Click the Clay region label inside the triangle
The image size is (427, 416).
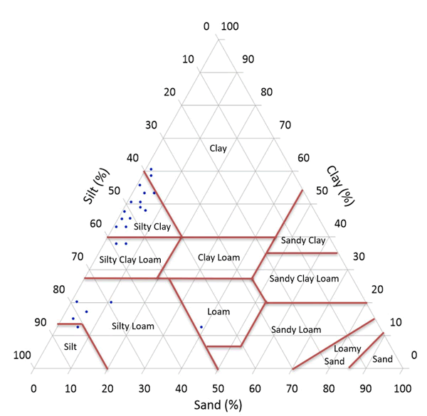tap(218, 148)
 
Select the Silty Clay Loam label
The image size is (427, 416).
tap(130, 259)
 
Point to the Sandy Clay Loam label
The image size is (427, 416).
tap(304, 278)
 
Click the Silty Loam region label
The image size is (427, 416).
tap(133, 326)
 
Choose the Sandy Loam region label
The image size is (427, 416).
tap(296, 329)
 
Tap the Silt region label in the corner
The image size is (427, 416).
tap(68, 346)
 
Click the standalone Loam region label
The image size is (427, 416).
tap(218, 311)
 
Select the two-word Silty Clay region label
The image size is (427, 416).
tap(152, 227)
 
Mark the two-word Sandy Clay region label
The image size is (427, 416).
tap(303, 240)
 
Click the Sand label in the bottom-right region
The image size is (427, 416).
tap(382, 359)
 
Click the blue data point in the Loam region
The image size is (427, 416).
tap(201, 327)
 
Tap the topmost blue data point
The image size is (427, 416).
tap(151, 169)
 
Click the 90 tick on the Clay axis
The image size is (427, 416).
tap(248, 59)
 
